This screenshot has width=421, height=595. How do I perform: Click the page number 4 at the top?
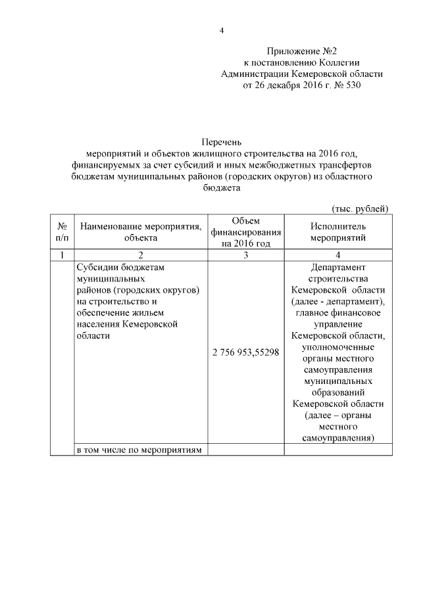pos(222,30)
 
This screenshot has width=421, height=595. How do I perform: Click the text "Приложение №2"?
pos(302,51)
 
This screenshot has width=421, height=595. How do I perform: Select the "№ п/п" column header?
pos(62,231)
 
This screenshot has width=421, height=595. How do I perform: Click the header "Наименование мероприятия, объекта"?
pos(140,231)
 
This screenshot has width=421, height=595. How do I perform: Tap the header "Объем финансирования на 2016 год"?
pos(245,231)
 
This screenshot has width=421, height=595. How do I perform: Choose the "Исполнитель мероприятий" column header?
pos(337,231)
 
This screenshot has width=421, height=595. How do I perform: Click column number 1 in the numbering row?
pos(62,255)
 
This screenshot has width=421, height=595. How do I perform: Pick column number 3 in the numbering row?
pos(245,255)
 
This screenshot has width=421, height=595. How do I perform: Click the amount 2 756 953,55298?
pos(245,352)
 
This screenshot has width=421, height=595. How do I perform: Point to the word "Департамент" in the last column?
pos(337,268)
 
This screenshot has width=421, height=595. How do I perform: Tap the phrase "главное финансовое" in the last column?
pos(337,312)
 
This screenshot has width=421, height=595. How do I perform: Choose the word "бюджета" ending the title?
pos(222,187)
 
